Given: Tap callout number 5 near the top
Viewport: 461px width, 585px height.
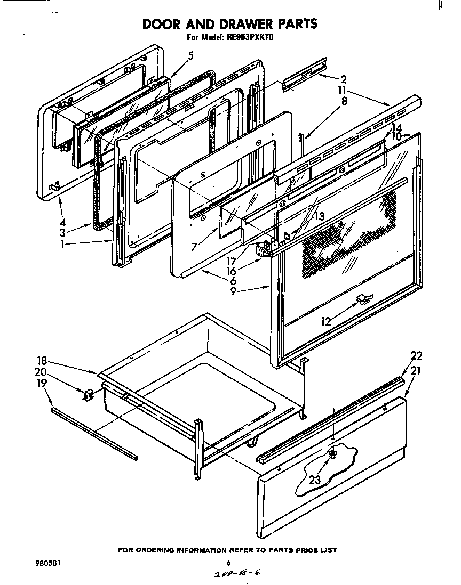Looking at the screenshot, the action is pos(190,56).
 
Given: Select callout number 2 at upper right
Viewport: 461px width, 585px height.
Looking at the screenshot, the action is pos(344,80).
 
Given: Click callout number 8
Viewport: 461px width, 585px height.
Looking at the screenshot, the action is pos(344,101).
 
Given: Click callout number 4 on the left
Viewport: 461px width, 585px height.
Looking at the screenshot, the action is pos(62,222).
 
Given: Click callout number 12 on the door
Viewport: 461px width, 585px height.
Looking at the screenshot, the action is pos(326,321).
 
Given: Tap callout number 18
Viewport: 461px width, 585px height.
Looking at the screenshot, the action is pos(41,360).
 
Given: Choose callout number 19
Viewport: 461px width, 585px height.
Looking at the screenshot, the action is pos(41,382).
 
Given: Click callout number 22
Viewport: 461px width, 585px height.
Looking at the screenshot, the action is pos(416,356).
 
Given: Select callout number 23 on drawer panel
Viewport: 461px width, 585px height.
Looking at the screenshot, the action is pos(315,480).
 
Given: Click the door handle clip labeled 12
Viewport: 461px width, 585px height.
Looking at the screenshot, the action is pos(362,300).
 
